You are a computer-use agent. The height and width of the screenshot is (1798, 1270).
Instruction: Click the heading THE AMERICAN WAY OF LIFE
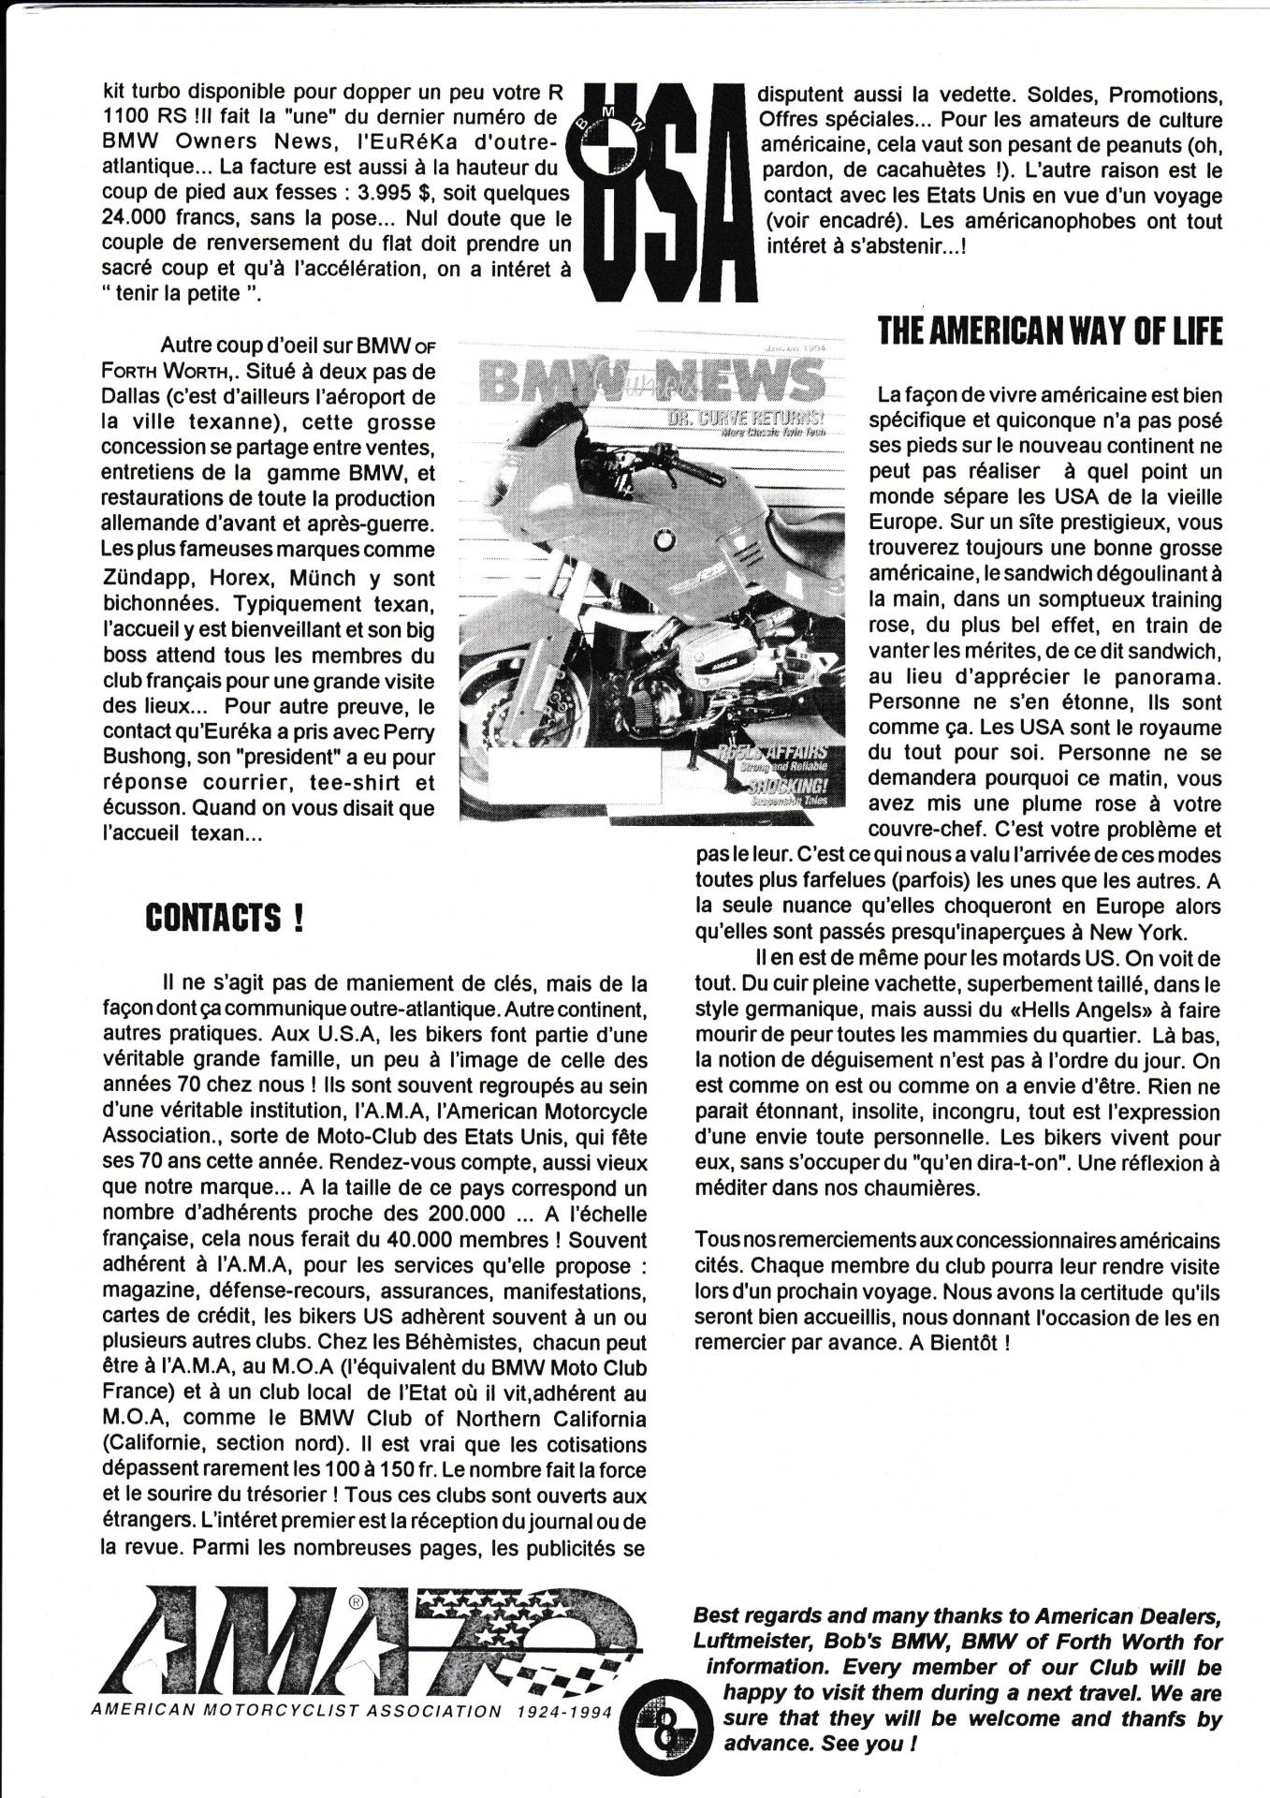pos(1050,331)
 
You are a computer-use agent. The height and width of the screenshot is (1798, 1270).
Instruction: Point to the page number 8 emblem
pos(665,1733)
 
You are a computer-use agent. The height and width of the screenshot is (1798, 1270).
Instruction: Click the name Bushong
pos(139,756)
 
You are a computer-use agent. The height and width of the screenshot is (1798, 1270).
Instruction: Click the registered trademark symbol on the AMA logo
pos(356,1602)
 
